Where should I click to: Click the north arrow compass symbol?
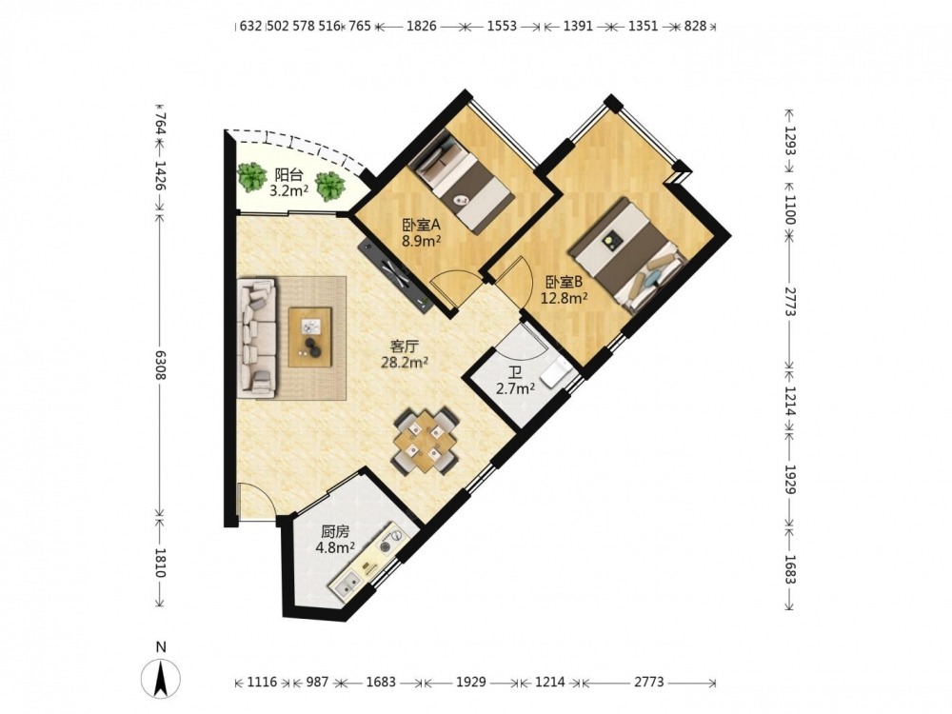tap(160, 678)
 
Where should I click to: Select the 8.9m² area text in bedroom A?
tap(421, 241)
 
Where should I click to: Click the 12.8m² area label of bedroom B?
tap(564, 297)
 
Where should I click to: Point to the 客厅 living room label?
tap(405, 347)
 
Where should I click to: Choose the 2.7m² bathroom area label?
tap(515, 388)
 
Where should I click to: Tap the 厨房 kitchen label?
tap(335, 532)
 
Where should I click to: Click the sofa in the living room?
tap(257, 338)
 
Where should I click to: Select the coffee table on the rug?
tap(310, 337)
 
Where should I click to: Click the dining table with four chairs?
tap(425, 442)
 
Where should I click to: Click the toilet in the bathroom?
tap(557, 371)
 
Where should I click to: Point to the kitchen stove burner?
tap(392, 540)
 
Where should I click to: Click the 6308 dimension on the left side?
tap(160, 365)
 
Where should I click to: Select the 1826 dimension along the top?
tap(422, 26)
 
